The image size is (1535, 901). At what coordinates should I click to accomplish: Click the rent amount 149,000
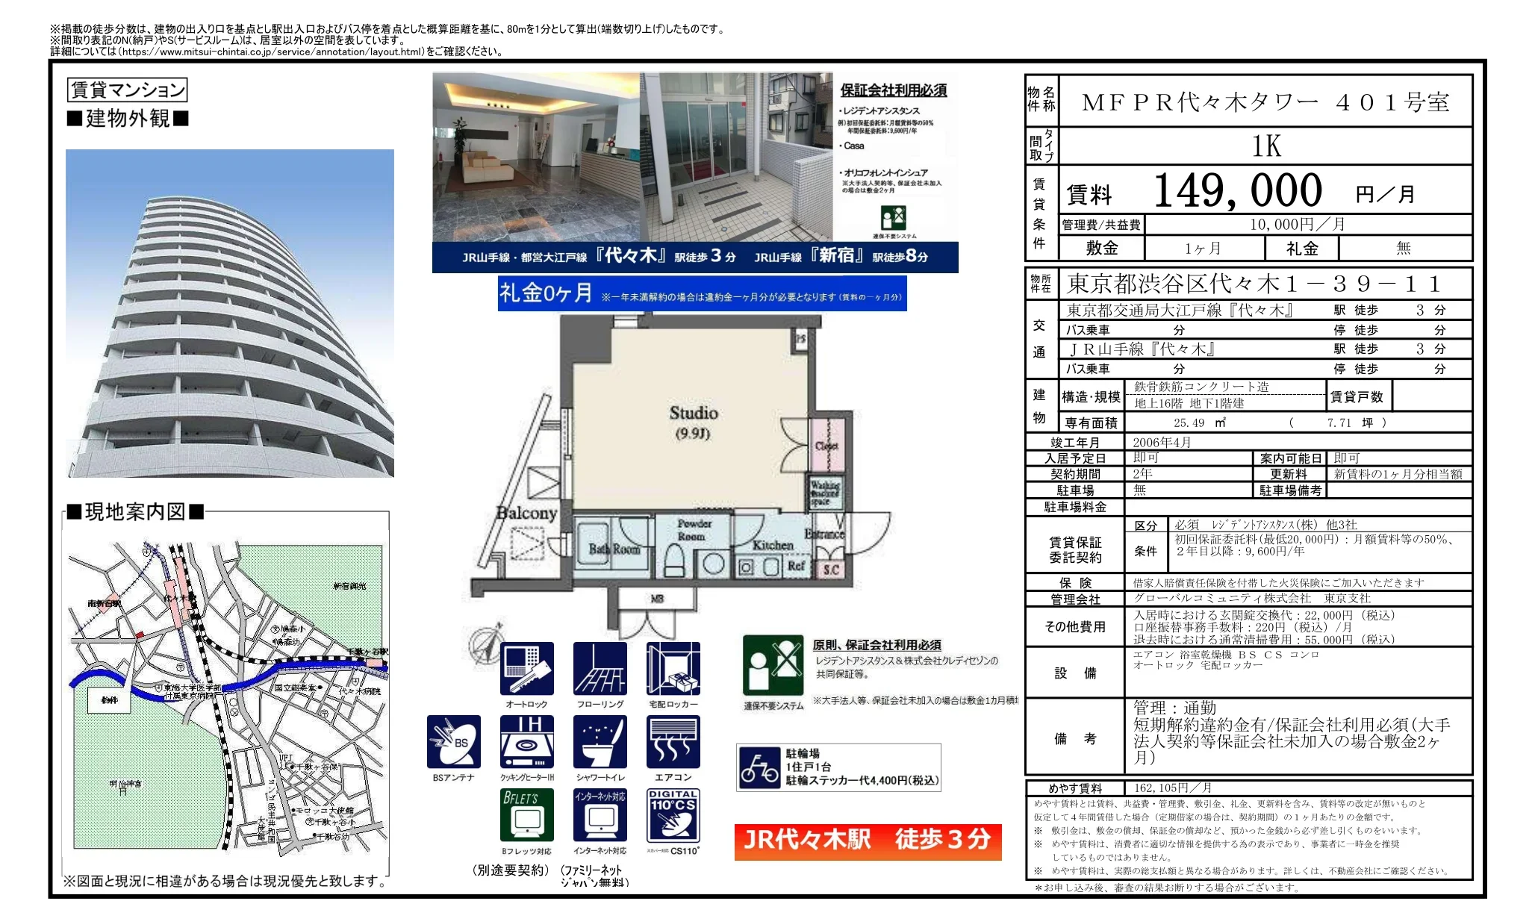[1238, 190]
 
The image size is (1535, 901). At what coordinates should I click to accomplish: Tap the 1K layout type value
[1266, 146]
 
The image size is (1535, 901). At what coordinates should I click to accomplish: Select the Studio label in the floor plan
[693, 413]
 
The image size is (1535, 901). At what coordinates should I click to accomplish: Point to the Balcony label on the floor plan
[527, 513]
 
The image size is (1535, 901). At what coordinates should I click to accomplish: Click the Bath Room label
[614, 549]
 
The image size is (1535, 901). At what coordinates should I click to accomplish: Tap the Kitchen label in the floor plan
[772, 545]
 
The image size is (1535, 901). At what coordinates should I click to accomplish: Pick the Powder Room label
[694, 530]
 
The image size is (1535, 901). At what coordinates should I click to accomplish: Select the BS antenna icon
[454, 741]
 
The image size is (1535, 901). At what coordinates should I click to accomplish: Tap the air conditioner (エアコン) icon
[673, 741]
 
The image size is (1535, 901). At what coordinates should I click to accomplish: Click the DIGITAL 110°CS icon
[673, 815]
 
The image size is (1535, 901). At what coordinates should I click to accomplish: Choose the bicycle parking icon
[759, 768]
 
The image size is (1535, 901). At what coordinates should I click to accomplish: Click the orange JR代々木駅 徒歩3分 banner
[868, 841]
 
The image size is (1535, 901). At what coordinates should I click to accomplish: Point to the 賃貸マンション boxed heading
[127, 90]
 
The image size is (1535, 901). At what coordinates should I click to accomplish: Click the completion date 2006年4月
[1162, 442]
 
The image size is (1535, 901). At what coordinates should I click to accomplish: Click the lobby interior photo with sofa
[536, 157]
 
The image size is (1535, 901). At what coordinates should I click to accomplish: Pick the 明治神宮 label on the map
[125, 785]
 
